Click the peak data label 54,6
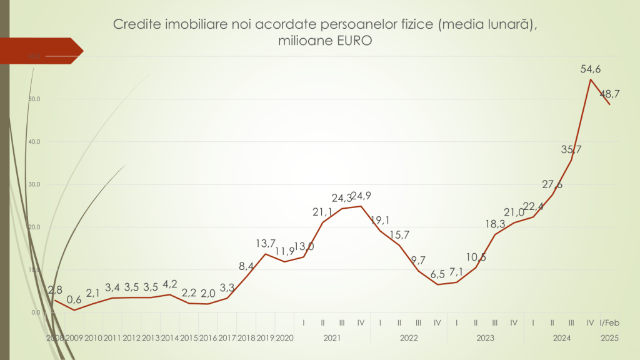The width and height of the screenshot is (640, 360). tap(591, 69)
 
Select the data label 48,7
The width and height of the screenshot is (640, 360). tap(609, 94)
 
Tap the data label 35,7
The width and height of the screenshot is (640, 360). tap(571, 149)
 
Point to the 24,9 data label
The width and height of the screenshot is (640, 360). tap(361, 196)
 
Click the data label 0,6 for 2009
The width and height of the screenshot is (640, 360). tap(74, 300)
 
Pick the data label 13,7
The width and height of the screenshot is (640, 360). tap(266, 243)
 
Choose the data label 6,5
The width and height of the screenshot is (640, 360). tap(437, 274)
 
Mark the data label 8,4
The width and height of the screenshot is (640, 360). tap(246, 266)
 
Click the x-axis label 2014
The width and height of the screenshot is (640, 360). tap(169, 338)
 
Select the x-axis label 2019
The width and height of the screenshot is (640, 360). tap(265, 338)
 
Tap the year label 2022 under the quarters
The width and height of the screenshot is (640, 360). tap(409, 338)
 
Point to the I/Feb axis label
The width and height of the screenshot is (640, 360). tap(609, 323)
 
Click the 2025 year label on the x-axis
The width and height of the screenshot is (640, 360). tap(609, 338)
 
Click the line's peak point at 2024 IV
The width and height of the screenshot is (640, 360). tap(591, 79)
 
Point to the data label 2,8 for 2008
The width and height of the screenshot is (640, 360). tap(56, 289)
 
